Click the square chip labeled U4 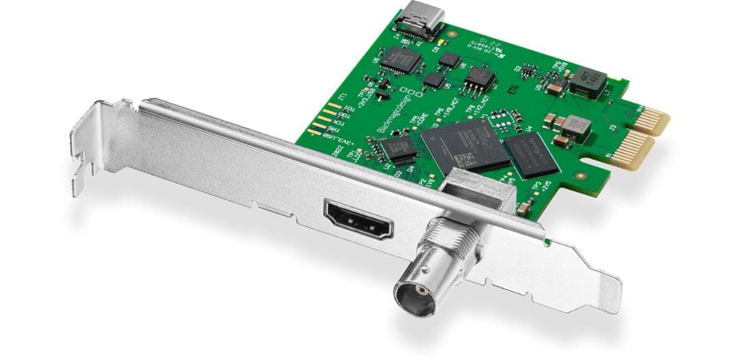(530, 155)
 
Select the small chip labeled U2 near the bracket (398, 149)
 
